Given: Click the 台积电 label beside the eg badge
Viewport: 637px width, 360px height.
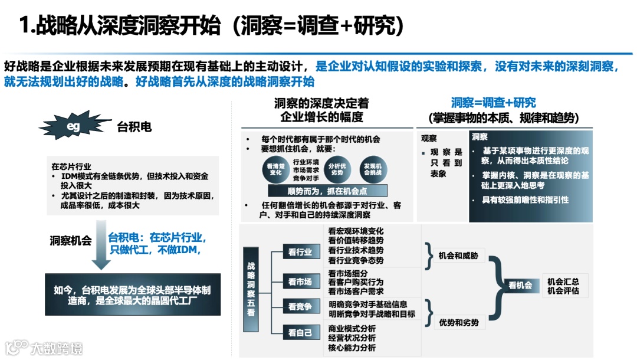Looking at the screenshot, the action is click(134, 126).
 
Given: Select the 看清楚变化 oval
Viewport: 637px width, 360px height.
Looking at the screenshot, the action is click(275, 169).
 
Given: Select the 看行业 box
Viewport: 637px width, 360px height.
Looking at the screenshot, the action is click(300, 251).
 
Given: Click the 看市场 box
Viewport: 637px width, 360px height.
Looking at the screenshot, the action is click(300, 282).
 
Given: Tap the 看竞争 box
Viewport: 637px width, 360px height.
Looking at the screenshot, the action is click(300, 306).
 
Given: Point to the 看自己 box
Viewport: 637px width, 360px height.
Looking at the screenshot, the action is click(300, 333).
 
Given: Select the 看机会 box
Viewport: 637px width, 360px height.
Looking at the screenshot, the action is click(520, 286).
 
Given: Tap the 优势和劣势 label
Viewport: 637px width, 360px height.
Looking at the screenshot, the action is click(459, 322).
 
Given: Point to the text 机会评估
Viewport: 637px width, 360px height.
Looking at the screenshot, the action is click(563, 291).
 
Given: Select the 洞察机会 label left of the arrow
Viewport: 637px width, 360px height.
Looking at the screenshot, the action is click(71, 240).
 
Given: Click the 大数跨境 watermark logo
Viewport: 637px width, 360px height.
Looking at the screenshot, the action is click(44, 347).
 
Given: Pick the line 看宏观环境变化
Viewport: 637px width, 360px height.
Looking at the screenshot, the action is click(356, 231).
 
